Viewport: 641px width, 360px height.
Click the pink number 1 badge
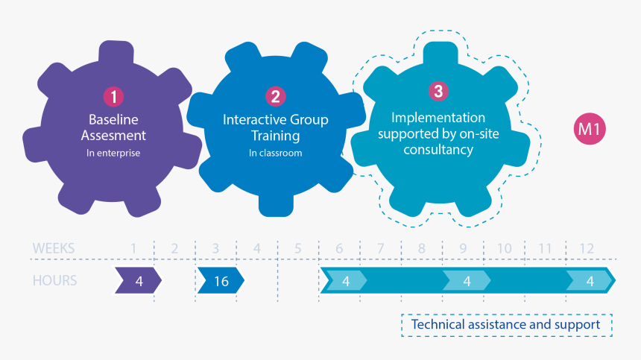tap(113, 96)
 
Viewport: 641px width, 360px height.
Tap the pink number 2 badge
tap(275, 96)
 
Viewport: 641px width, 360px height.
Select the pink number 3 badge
tap(438, 91)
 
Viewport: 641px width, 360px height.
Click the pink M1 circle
tap(590, 130)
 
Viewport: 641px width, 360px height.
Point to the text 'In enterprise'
tap(113, 154)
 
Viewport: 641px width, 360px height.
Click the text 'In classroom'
tap(275, 154)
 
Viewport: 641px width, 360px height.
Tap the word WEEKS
tap(54, 248)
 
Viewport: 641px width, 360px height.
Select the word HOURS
tap(54, 281)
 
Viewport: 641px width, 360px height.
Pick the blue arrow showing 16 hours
tap(221, 281)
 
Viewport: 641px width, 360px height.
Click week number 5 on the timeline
tap(298, 248)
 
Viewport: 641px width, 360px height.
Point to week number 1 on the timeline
tap(133, 248)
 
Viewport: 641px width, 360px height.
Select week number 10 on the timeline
tap(504, 248)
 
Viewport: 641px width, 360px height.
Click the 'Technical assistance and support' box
tap(506, 325)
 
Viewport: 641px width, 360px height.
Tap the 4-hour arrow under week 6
tap(345, 281)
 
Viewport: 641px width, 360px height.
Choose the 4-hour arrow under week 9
tap(467, 281)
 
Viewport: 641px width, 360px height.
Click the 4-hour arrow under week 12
tap(590, 281)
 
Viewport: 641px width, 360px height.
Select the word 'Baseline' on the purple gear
tap(113, 119)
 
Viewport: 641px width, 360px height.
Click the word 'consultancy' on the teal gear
tap(438, 149)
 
